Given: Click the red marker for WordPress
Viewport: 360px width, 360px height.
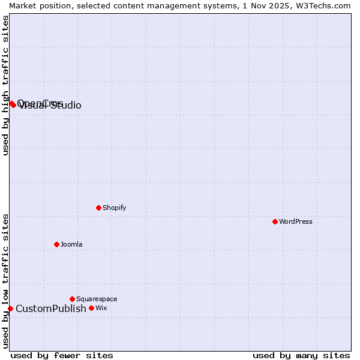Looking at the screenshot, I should coord(275,221).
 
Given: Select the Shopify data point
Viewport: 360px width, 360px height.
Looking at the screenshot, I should coord(98,208).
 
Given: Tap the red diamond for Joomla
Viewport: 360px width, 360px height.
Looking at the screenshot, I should coord(56,244).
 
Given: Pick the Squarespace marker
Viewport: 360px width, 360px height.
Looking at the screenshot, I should coord(72,299).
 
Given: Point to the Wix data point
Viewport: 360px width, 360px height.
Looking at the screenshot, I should coord(91,308).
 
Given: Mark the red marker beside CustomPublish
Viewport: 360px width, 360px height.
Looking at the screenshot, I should coord(10,308).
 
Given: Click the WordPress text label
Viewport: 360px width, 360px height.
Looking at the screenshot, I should coord(296,221).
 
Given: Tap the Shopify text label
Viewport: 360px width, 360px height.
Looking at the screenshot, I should coord(114,208).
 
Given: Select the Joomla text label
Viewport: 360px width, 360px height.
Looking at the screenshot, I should coord(71,244).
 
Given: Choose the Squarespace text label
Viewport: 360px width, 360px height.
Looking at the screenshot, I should coord(97,299).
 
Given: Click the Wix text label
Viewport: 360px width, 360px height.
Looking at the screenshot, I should coord(101,308).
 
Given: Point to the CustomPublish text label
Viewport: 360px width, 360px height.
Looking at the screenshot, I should coord(51,308).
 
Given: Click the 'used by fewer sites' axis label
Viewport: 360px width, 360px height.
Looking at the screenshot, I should coord(62,355).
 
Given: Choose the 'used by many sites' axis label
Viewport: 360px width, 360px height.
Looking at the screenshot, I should coord(301,355).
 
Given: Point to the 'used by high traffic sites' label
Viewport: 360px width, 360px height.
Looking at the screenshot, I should coord(5,85).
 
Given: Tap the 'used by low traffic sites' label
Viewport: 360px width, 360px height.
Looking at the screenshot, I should coord(5,281).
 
